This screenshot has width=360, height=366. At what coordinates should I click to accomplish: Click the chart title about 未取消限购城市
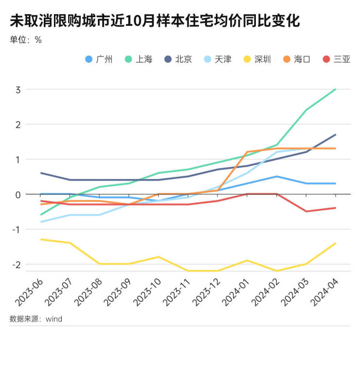pos(155,21)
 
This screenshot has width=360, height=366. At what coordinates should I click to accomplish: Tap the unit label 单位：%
pos(26,40)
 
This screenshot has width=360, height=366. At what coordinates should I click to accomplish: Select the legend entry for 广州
pos(99,59)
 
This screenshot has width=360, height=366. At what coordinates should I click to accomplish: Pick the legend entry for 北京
pos(179,59)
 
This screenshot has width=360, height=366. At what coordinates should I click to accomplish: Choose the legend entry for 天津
pos(218,59)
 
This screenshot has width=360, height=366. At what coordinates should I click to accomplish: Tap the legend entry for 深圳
pos(258,59)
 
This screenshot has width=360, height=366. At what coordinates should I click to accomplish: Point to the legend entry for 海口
pos(297,59)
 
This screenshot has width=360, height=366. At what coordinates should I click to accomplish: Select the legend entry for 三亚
pos(337,59)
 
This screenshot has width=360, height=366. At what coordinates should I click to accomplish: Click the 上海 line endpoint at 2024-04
pos(336,89)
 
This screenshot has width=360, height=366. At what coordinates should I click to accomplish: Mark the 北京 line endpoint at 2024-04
pos(336,135)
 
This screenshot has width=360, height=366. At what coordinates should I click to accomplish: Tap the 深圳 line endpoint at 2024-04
pos(336,243)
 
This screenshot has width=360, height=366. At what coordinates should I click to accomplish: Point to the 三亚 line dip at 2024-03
pos(306,211)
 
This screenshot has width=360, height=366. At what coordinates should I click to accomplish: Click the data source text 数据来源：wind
pos(36,319)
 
